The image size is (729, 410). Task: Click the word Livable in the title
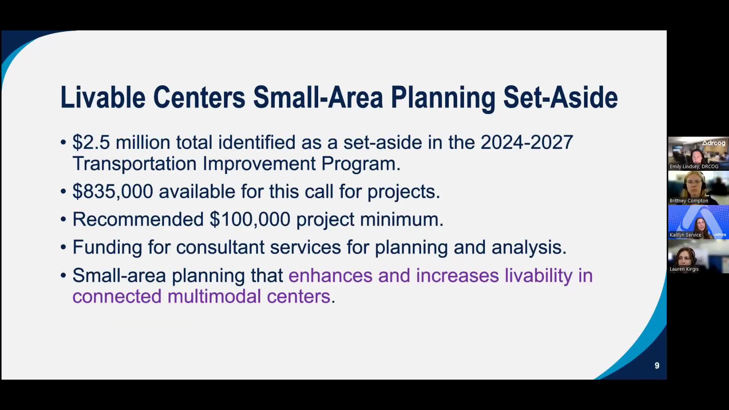coord(103,97)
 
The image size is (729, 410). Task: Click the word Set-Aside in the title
coord(560,97)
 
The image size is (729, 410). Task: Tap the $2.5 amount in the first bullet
coord(91,142)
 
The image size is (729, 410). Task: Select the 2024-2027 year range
coord(527,142)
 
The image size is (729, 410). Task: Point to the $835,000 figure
coord(113,191)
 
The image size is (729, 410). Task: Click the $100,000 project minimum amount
coord(250,219)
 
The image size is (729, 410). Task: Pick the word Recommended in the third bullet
coord(138,219)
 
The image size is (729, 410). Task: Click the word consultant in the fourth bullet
coord(220,247)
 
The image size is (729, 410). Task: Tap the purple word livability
coord(538,275)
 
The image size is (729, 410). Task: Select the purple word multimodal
coord(214,296)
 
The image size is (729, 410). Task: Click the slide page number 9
coord(657,366)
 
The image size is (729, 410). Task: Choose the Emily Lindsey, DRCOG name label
coord(694,166)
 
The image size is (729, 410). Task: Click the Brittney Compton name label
coord(689,200)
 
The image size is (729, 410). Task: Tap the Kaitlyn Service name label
coord(685,235)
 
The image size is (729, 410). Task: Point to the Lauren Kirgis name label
coord(684,269)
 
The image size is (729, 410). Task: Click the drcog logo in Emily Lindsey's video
coord(713,143)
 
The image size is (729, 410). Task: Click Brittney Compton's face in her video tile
coord(694,183)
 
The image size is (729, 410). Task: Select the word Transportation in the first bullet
coord(134,164)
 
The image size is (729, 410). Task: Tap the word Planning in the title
coord(443,97)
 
